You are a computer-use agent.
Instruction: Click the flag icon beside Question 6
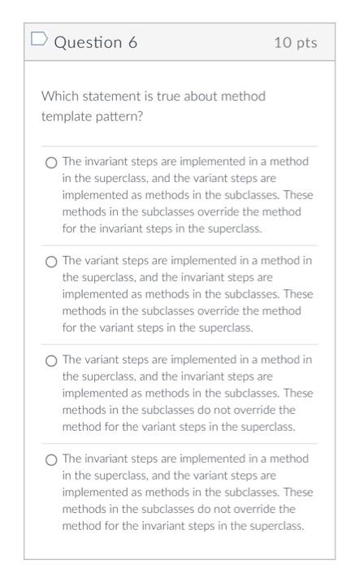[x=39, y=40]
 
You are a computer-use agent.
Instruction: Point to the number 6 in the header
[x=132, y=42]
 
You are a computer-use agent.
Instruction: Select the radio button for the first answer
[x=51, y=163]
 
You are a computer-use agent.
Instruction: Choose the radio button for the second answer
[x=51, y=262]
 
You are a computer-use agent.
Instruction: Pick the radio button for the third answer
[x=51, y=360]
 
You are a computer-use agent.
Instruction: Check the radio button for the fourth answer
[x=51, y=459]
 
